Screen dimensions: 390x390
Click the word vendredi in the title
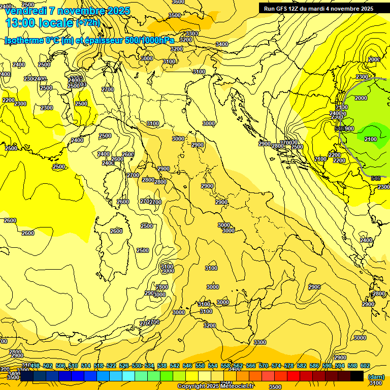click(28, 11)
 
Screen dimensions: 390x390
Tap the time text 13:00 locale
click(39, 22)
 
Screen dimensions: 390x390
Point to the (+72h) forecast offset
click(88, 23)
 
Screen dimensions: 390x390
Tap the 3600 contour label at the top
click(178, 2)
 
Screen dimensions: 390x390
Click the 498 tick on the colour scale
click(35, 366)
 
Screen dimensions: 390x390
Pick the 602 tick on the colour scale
click(365, 366)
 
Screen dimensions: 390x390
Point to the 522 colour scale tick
click(111, 366)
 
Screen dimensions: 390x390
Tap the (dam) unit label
click(376, 377)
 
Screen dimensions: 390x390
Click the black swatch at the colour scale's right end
click(357, 376)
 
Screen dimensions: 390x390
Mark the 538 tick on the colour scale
click(162, 366)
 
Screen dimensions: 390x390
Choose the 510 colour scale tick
click(73, 366)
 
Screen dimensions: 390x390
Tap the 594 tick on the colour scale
click(340, 366)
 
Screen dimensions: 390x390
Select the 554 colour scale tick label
click(213, 366)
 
